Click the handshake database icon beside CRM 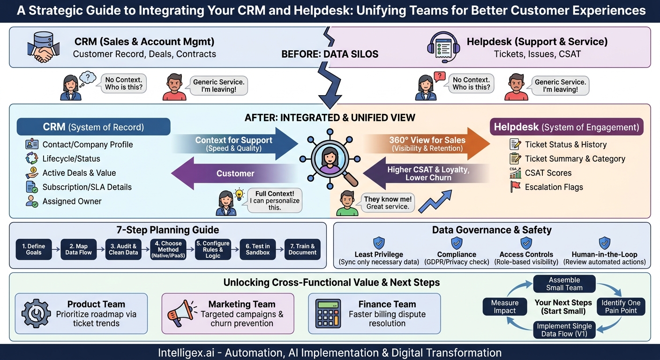(x=43, y=47)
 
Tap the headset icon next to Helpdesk (x=443, y=47)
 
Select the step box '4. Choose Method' (x=168, y=249)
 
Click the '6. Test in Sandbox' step (x=258, y=249)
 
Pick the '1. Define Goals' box (x=34, y=249)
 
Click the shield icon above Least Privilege (x=379, y=243)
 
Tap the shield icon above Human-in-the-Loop (x=605, y=243)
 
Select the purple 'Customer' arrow (x=234, y=173)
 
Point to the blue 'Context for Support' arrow (x=235, y=144)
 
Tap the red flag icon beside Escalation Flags (x=515, y=187)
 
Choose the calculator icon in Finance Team (x=328, y=314)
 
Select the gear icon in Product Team (x=36, y=314)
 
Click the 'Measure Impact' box (x=505, y=307)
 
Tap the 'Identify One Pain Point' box (x=621, y=307)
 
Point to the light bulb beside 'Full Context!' (x=239, y=195)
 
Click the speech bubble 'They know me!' (x=388, y=202)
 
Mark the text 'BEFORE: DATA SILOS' (x=330, y=54)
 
